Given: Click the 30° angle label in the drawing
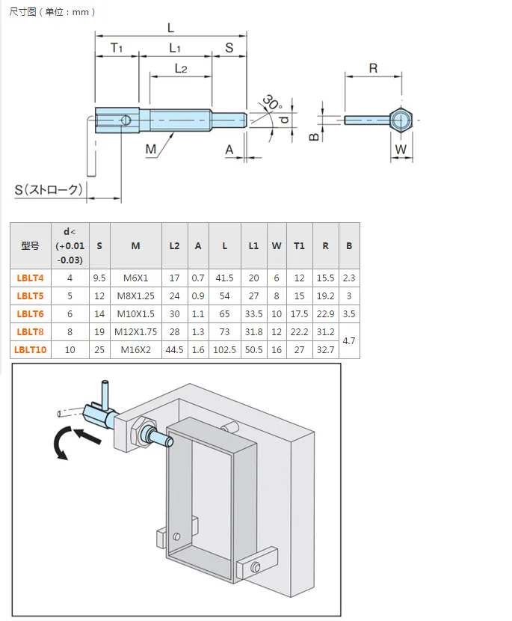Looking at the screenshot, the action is (x=272, y=103).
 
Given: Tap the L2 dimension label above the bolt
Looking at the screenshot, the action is (x=181, y=69).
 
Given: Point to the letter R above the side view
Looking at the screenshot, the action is (x=373, y=69).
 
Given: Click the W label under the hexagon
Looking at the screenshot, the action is (x=401, y=150).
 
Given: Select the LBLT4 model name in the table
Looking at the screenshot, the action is (x=30, y=278).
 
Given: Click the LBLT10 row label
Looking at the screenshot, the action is (x=30, y=349).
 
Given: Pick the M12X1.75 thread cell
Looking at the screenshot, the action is (x=136, y=332).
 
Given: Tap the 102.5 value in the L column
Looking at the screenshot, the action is (x=224, y=349).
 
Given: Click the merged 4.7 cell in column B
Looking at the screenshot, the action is (x=348, y=340).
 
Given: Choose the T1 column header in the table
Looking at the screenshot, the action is (x=299, y=246).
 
